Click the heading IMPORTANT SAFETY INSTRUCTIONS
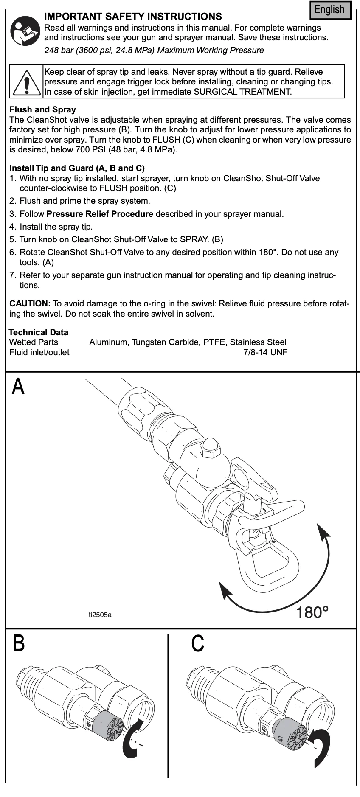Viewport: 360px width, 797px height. pos(133,17)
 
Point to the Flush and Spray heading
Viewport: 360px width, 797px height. pos(42,109)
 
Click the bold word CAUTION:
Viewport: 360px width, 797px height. pos(30,303)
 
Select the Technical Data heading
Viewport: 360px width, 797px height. pos(38,332)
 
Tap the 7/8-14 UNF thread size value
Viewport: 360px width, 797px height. pos(265,352)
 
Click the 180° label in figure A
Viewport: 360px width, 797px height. pos(312,612)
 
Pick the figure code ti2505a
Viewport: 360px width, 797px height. pos(100,615)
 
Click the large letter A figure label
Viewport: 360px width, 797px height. pos(18,386)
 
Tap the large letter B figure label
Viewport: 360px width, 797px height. pos(19,643)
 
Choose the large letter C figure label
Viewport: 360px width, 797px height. pos(197,643)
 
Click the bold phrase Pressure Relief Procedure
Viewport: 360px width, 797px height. pos(100,214)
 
